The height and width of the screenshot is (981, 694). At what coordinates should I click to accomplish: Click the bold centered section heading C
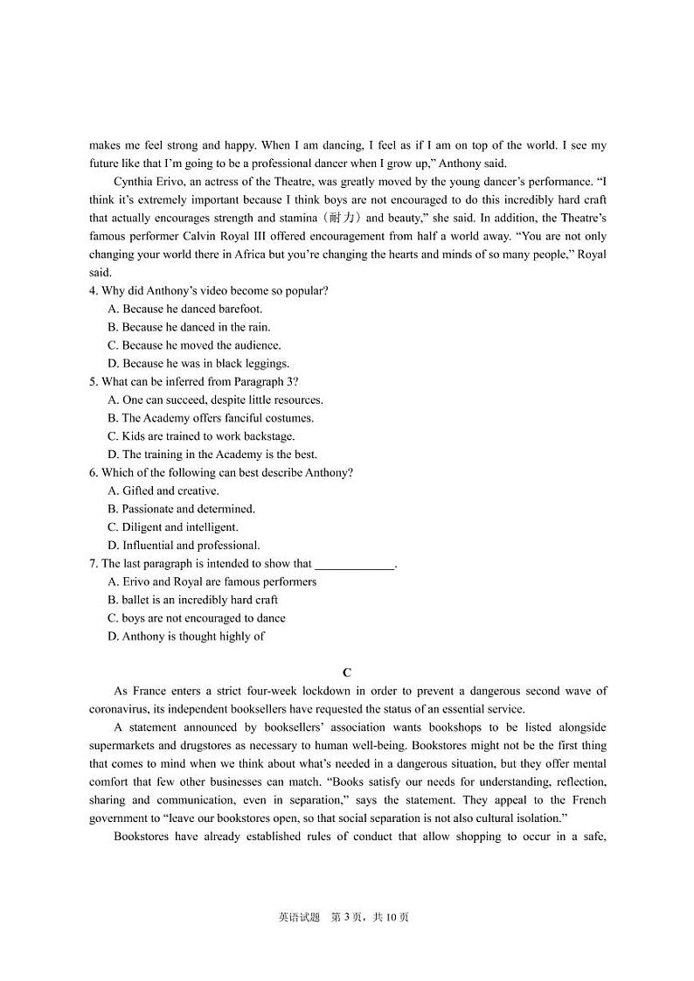(347, 672)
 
